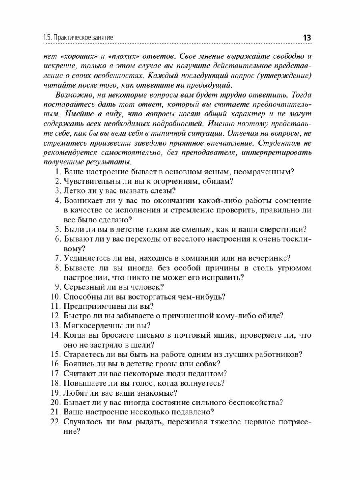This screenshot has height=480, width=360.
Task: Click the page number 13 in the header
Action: pyautogui.click(x=307, y=38)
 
